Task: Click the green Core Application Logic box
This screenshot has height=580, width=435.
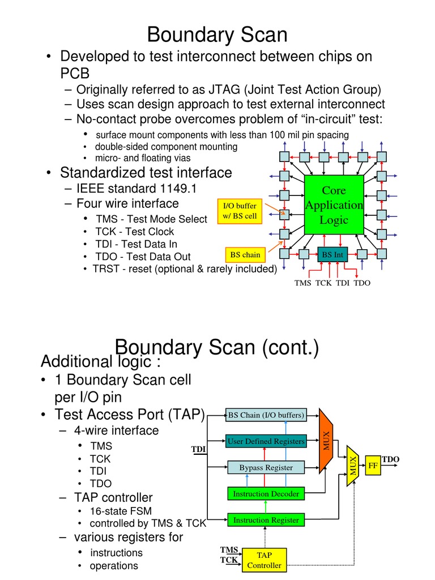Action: (334, 204)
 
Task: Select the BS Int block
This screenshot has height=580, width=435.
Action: (332, 255)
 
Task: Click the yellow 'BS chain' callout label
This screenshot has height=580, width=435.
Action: (245, 255)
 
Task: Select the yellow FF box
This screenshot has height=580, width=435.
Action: (373, 465)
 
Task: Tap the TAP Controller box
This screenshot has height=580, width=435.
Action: (264, 560)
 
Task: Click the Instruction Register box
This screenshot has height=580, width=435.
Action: (266, 519)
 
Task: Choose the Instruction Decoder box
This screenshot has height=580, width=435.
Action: (266, 494)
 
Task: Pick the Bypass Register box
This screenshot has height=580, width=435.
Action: (266, 467)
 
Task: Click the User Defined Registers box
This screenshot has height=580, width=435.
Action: (266, 441)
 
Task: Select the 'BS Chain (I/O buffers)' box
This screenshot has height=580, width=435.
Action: (266, 415)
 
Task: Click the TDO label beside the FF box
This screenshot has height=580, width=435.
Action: (390, 459)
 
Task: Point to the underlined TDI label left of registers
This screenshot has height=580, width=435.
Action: (198, 449)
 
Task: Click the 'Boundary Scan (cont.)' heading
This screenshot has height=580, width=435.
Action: (217, 347)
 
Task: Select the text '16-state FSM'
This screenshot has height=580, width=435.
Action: (121, 511)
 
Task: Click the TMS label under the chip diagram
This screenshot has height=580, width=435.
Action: (303, 283)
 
